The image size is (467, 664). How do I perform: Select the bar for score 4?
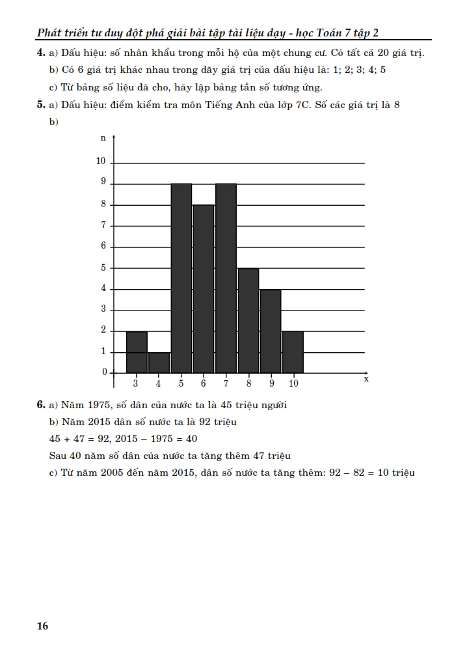pos(159,362)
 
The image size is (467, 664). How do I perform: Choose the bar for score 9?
pos(271,331)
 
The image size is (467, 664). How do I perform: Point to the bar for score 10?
pos(293,352)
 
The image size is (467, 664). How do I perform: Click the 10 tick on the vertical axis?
pos(101,161)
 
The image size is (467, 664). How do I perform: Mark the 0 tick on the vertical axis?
pos(104,372)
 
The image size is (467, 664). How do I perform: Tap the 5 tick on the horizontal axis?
pos(181,383)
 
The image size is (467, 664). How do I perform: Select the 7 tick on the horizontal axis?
pos(226,383)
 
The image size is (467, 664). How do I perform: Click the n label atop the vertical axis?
pos(103,139)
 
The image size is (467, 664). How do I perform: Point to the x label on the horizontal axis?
pos(366,378)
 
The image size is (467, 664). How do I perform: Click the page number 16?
pos(42,626)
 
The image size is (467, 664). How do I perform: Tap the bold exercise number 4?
pos(40,53)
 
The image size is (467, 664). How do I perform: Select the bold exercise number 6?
pos(40,405)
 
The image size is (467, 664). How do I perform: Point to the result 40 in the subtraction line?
pos(191,439)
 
